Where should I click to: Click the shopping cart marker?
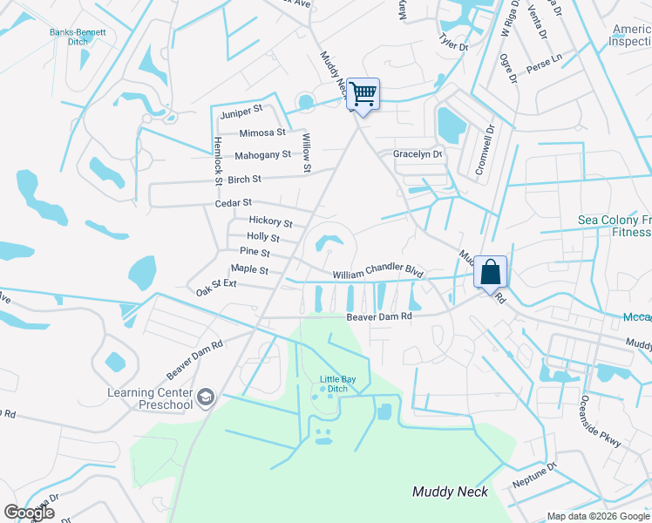[x=363, y=92]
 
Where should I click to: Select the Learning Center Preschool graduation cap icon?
[x=206, y=398]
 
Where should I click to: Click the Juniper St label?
[x=241, y=112]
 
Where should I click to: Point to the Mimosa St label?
[x=262, y=132]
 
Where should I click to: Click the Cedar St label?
[x=233, y=203]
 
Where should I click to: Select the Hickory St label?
[x=270, y=222]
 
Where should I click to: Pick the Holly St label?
[x=263, y=237]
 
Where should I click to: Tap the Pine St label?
[x=255, y=253]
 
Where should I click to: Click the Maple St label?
[x=249, y=269]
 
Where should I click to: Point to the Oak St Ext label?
[x=216, y=285]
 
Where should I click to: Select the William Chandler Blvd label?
[x=377, y=274]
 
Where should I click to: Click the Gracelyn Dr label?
[x=418, y=154]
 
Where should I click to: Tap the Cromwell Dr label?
[x=484, y=150]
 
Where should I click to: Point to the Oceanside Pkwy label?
[x=601, y=423]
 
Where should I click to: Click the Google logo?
[x=30, y=512]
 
